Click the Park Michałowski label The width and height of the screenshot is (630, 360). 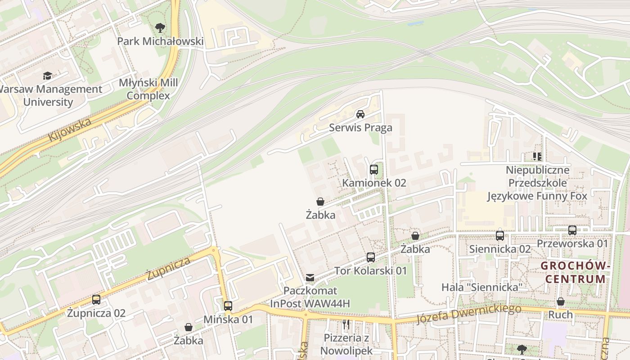pyautogui.click(x=160, y=41)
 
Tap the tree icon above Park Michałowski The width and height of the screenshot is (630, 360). pyautogui.click(x=160, y=28)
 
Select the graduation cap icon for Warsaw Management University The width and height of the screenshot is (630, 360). pyautogui.click(x=48, y=76)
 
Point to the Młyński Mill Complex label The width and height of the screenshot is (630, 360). pyautogui.click(x=148, y=89)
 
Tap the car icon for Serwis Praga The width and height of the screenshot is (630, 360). pyautogui.click(x=360, y=114)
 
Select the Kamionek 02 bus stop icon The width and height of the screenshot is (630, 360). pyautogui.click(x=374, y=170)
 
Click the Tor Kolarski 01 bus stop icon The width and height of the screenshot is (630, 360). pyautogui.click(x=370, y=257)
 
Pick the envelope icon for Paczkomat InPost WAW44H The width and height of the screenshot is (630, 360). pyautogui.click(x=310, y=278)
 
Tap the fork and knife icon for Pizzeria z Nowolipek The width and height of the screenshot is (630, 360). pyautogui.click(x=346, y=324)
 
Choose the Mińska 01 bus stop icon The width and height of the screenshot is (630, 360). pyautogui.click(x=228, y=306)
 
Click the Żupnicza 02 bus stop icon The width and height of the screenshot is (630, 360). pyautogui.click(x=96, y=300)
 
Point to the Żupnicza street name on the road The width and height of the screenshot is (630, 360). pyautogui.click(x=168, y=269)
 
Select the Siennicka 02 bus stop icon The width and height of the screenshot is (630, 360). pyautogui.click(x=500, y=236)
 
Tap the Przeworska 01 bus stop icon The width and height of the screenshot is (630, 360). pyautogui.click(x=572, y=230)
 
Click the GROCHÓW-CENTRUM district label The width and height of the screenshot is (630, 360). pyautogui.click(x=575, y=272)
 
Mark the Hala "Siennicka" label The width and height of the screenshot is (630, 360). pyautogui.click(x=481, y=287)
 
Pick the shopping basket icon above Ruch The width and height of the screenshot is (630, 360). pyautogui.click(x=561, y=301)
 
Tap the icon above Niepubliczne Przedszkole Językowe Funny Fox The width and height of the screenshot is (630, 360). pyautogui.click(x=537, y=157)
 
